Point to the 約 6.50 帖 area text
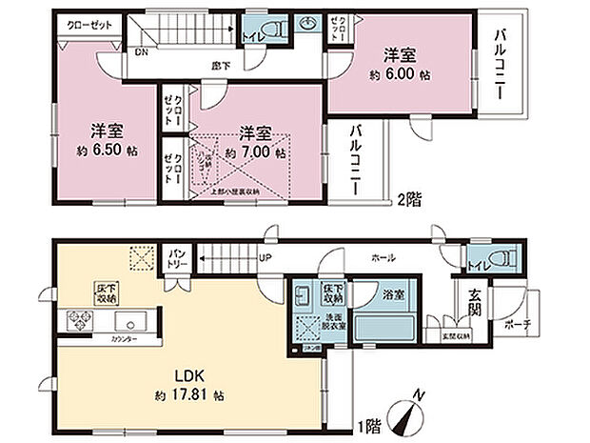pyautogui.click(x=105, y=151)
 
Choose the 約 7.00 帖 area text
pyautogui.click(x=256, y=151)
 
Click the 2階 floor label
pyautogui.click(x=409, y=200)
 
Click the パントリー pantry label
pyautogui.click(x=178, y=256)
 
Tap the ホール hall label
pyautogui.click(x=383, y=257)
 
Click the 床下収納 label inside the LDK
pyautogui.click(x=106, y=292)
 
